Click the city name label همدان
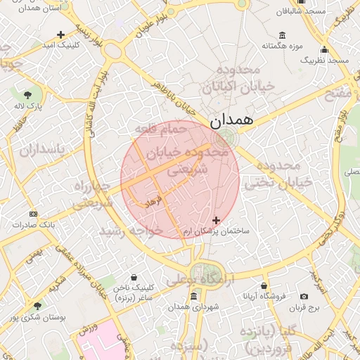pos(230,121)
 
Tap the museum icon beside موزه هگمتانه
pos(282,35)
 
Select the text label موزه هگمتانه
pos(281,46)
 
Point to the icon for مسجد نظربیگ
pos(324,49)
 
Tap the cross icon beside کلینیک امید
pos(61,34)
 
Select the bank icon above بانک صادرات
pos(32,213)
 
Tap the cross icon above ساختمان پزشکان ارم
pos(216,220)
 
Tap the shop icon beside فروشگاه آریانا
pos(264,285)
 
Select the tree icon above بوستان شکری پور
pos(37,304)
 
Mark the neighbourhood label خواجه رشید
pos(122,231)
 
